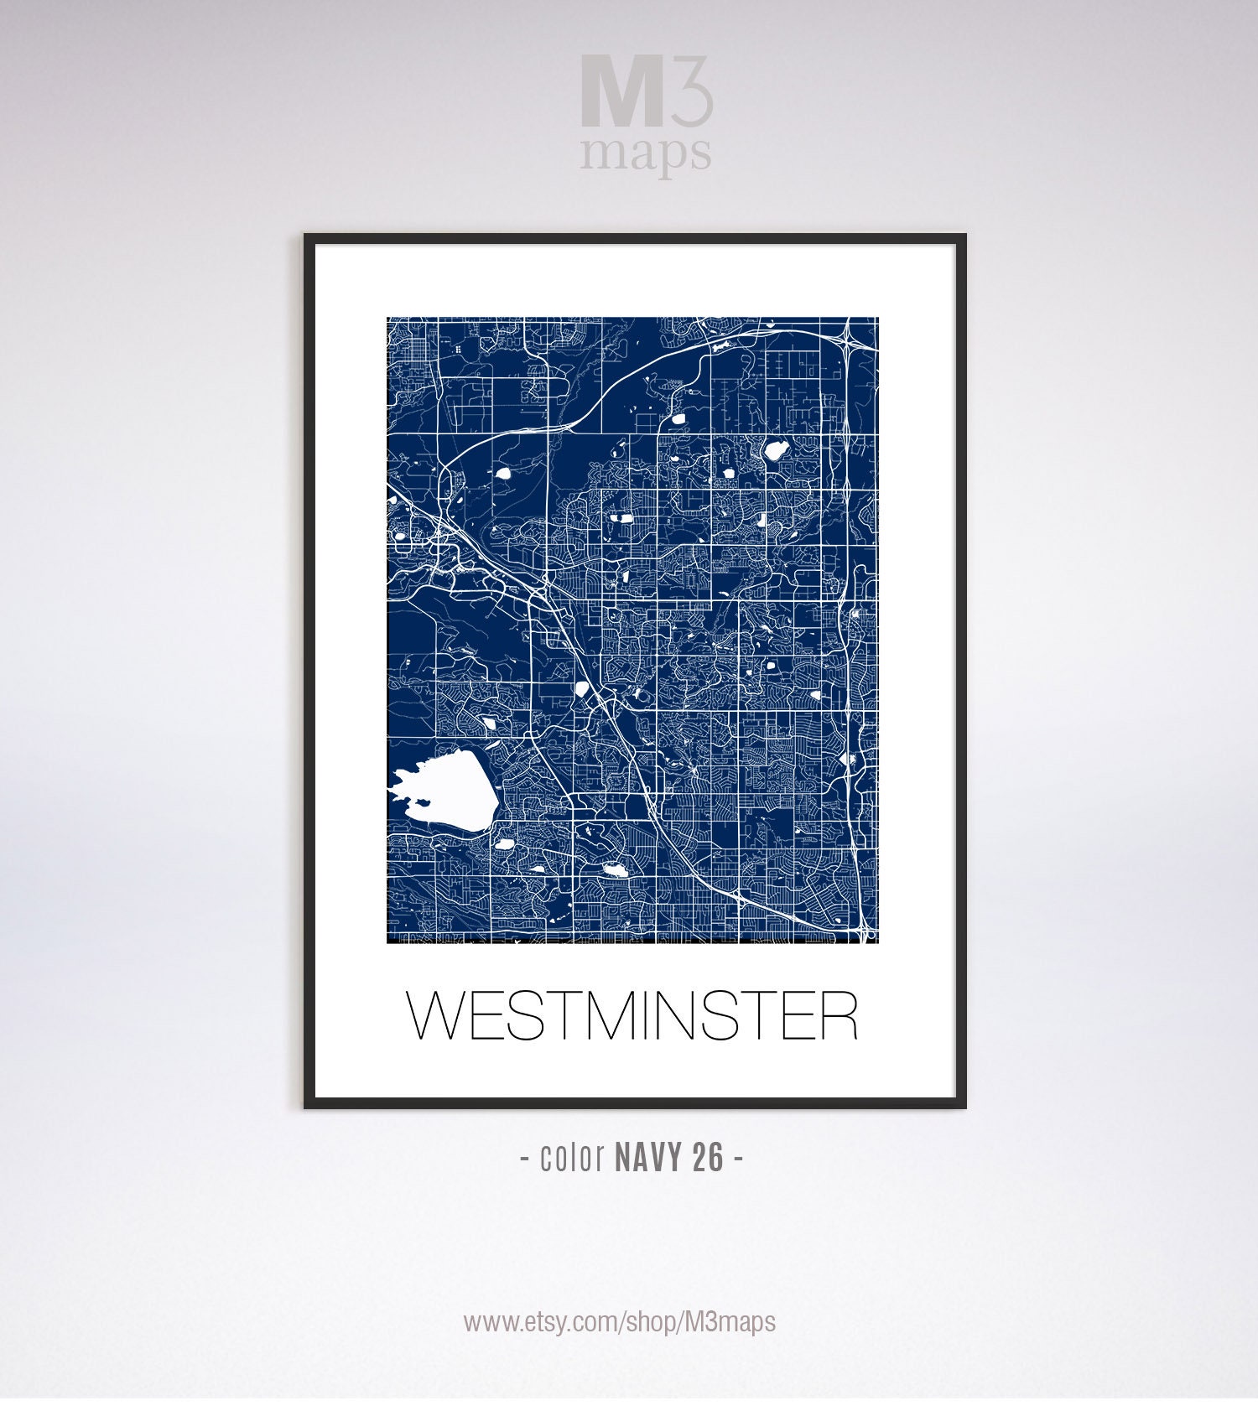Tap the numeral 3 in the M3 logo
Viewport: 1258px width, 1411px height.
click(x=690, y=91)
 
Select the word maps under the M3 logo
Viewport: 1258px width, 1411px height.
click(x=646, y=153)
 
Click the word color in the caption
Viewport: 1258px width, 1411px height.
click(x=573, y=1158)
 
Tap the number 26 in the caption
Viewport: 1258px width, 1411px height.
click(x=708, y=1158)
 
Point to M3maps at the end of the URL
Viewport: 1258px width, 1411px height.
click(x=730, y=1322)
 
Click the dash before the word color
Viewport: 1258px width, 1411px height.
click(x=524, y=1159)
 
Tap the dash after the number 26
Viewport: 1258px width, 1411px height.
click(x=738, y=1159)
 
